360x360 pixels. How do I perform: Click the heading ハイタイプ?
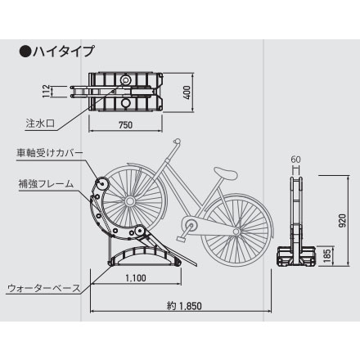(x=64, y=52)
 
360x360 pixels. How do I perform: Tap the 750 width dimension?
(x=126, y=125)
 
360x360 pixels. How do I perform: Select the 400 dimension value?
(x=187, y=92)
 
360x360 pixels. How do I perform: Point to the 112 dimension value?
(x=47, y=91)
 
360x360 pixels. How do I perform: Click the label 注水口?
(x=40, y=124)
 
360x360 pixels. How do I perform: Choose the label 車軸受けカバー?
(x=49, y=153)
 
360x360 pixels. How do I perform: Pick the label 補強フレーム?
(x=46, y=183)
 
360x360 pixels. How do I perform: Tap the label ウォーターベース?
(x=44, y=288)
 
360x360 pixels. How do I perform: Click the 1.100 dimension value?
(x=136, y=278)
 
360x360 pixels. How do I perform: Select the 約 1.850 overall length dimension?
(x=184, y=306)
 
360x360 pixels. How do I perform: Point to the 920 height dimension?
(x=342, y=221)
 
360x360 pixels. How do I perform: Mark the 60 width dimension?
(x=296, y=159)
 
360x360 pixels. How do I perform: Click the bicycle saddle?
(x=226, y=173)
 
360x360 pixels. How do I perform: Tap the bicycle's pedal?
(x=181, y=239)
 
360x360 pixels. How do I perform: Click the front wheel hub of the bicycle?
(x=130, y=201)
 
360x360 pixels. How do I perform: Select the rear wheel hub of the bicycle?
(x=236, y=232)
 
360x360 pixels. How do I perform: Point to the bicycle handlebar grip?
(x=177, y=142)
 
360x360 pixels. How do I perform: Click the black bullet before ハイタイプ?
(x=25, y=52)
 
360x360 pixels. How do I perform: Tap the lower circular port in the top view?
(x=126, y=103)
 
